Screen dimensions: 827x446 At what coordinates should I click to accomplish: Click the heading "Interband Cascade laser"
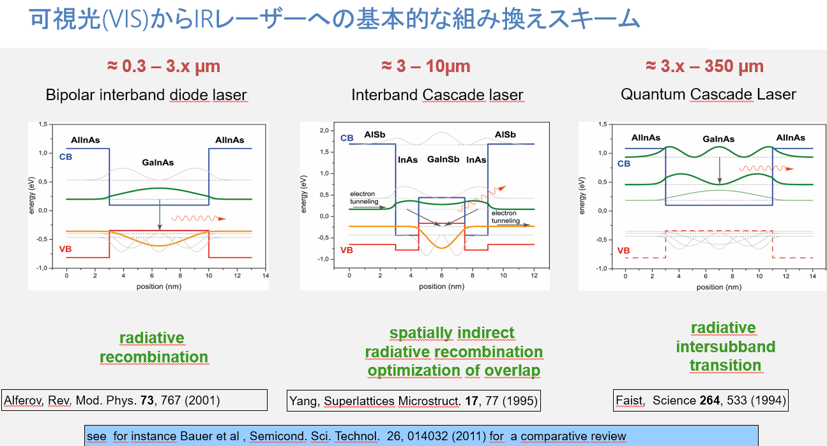[437, 95]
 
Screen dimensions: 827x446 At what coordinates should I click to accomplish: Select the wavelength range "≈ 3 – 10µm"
[426, 66]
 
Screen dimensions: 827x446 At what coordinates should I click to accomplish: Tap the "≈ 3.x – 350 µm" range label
[704, 66]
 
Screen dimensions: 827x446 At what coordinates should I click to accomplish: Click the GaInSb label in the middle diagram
[443, 160]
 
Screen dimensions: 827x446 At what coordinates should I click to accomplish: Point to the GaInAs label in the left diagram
[158, 162]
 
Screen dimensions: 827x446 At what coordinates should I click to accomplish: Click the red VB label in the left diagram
[65, 249]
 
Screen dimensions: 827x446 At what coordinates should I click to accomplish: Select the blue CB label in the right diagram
[624, 164]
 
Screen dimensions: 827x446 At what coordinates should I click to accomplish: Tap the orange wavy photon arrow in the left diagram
[199, 218]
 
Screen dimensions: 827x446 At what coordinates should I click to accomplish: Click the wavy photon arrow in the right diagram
[766, 168]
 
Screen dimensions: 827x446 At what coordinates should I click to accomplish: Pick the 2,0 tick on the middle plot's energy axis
[324, 131]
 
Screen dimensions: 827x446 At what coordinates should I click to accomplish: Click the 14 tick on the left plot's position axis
[266, 276]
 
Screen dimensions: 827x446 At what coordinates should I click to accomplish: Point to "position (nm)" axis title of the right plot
[719, 287]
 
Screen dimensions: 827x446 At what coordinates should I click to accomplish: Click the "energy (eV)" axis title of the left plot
[32, 195]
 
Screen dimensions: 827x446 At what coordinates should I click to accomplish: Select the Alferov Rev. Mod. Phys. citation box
[134, 400]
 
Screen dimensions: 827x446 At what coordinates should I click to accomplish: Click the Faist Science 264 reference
[701, 400]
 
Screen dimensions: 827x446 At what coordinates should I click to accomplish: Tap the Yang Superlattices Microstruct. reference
[414, 401]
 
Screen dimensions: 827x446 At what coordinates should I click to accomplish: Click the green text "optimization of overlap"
[454, 370]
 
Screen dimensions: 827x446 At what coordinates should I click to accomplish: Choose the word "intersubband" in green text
[725, 346]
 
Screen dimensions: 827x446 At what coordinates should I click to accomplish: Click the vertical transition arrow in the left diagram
[160, 215]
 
